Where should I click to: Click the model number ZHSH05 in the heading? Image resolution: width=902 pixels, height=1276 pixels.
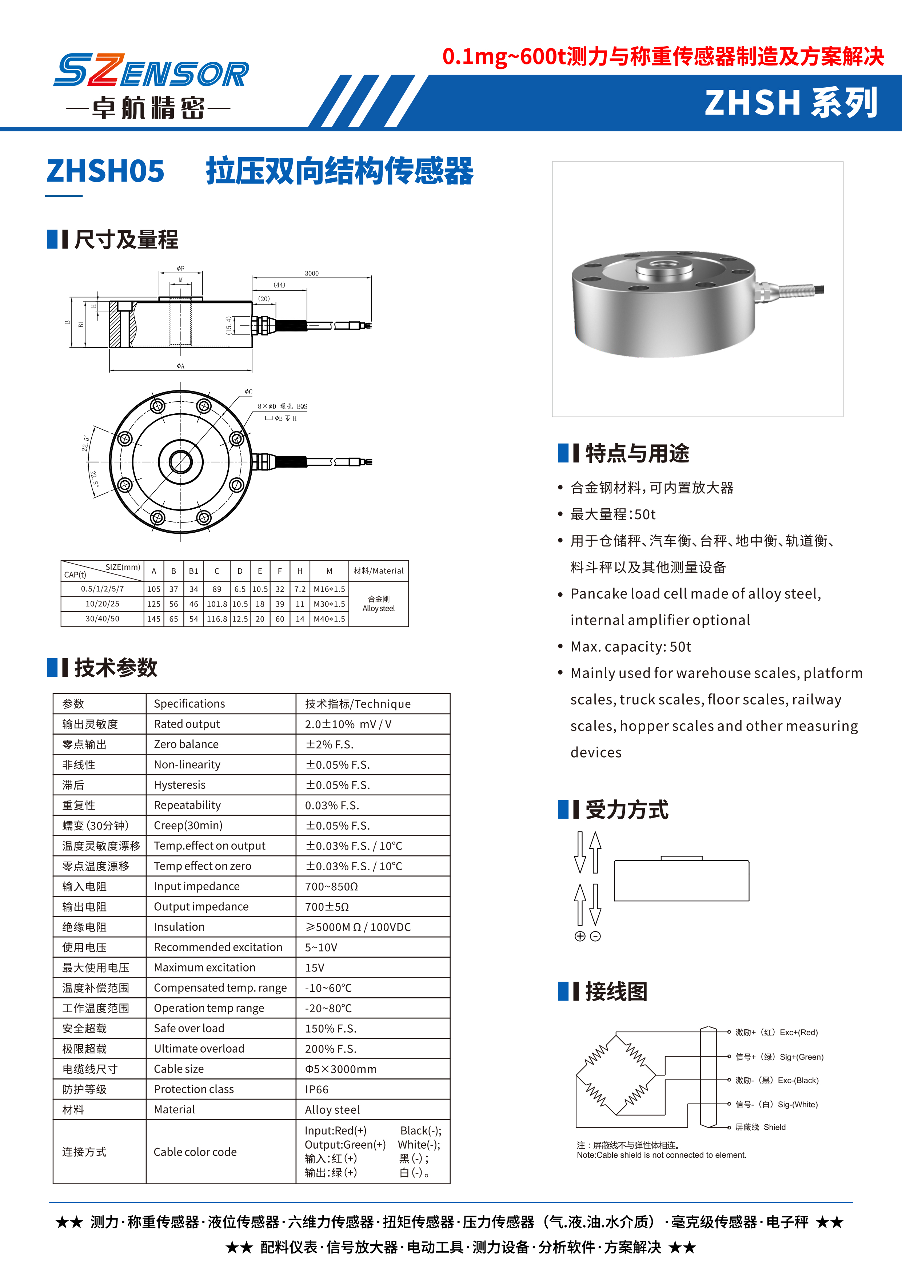point(105,171)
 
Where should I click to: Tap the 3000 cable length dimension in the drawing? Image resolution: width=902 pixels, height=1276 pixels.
point(312,274)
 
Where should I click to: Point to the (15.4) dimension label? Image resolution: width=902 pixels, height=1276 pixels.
point(229,325)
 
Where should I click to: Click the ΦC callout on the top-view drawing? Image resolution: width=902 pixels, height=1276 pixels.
point(248,392)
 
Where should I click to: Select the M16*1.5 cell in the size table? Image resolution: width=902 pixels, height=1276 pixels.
point(330,589)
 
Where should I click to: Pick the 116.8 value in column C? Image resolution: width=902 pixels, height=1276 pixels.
point(217,619)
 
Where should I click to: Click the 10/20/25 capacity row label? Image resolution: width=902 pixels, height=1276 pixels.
point(102,604)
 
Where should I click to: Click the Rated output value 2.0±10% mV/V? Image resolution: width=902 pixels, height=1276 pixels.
point(348,724)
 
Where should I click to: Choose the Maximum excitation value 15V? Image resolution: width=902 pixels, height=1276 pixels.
point(314,967)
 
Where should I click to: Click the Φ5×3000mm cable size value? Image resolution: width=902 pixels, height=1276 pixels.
point(340,1069)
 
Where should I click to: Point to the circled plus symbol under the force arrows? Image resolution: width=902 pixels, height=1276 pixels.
point(580,937)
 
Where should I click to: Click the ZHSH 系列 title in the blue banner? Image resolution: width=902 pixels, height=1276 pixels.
point(791,103)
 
